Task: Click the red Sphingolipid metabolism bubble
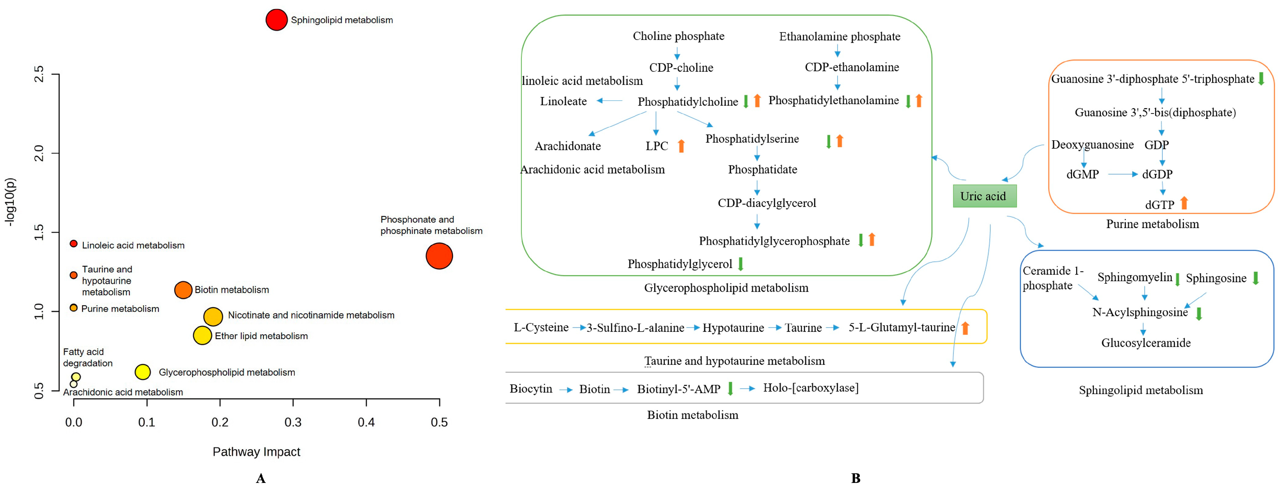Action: pyautogui.click(x=276, y=20)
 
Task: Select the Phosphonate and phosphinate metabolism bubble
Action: pyautogui.click(x=439, y=256)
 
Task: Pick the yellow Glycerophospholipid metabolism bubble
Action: pyautogui.click(x=143, y=372)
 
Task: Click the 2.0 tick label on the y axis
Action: pyautogui.click(x=39, y=153)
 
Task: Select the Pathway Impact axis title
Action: pyautogui.click(x=256, y=452)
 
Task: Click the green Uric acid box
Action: pyautogui.click(x=984, y=196)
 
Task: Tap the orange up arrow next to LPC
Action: pyautogui.click(x=681, y=146)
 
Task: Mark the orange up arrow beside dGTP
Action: pyautogui.click(x=1184, y=203)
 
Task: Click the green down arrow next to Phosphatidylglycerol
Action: pyautogui.click(x=741, y=264)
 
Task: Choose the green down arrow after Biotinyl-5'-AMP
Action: pyautogui.click(x=730, y=388)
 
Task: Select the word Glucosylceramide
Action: pyautogui.click(x=1146, y=343)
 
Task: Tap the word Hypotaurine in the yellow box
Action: pyautogui.click(x=733, y=328)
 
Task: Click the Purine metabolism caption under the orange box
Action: pyautogui.click(x=1152, y=224)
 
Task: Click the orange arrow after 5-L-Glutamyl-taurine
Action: pyautogui.click(x=965, y=328)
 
